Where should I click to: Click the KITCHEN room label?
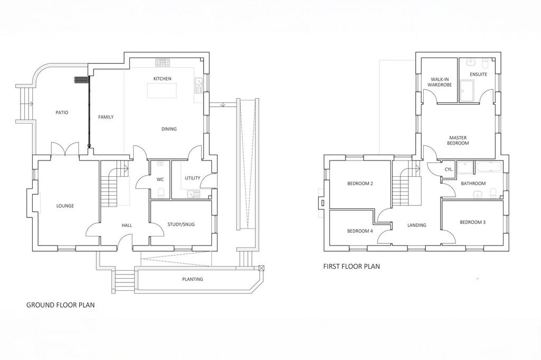[162, 79]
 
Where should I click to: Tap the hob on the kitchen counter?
[163, 62]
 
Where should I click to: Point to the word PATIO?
[62, 112]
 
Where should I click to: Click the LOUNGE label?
[65, 206]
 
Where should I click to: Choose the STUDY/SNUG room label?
[181, 224]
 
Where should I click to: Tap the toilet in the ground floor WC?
[161, 193]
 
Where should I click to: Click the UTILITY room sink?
[193, 194]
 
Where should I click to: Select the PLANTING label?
[192, 279]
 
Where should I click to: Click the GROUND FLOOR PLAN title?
[60, 305]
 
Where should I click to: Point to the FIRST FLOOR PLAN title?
[351, 266]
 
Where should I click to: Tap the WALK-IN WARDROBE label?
[440, 82]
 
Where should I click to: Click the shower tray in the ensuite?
[467, 91]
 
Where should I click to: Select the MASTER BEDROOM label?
[458, 140]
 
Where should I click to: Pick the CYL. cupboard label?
[449, 169]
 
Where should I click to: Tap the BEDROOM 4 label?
[360, 231]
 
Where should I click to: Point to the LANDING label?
[417, 225]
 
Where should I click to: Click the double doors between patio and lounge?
[65, 149]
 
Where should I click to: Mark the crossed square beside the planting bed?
[262, 268]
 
